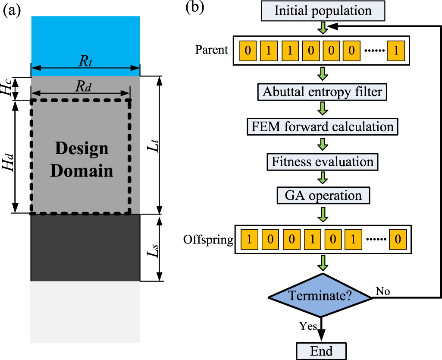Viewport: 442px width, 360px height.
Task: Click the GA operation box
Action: click(323, 195)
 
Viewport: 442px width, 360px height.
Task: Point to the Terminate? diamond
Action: click(320, 296)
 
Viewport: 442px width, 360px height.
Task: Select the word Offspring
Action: click(208, 239)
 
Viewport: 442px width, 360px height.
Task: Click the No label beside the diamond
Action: click(383, 292)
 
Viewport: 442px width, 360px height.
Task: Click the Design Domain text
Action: click(82, 160)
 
